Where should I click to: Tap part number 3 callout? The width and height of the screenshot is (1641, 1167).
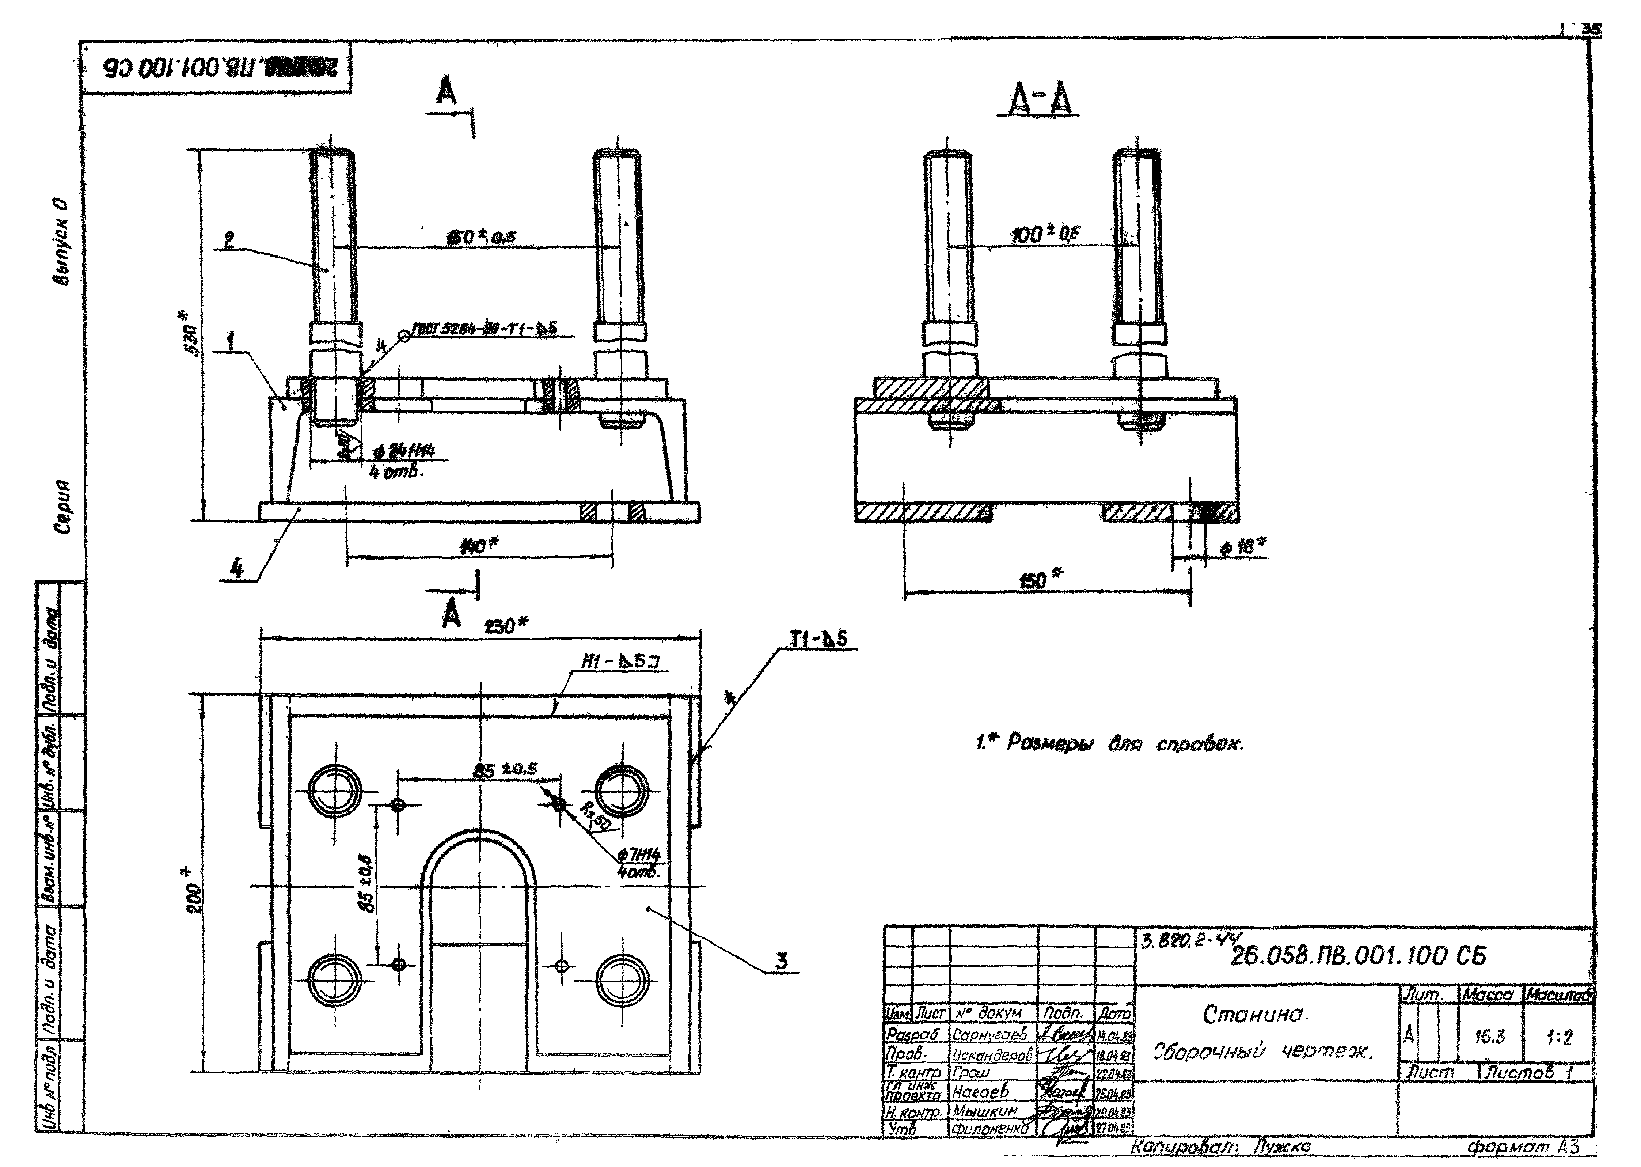[781, 961]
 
